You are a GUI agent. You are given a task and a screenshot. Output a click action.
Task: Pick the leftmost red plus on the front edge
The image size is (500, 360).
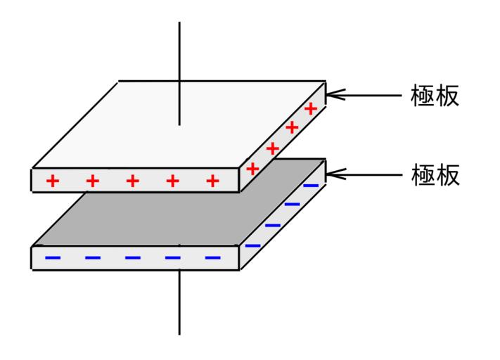(52, 181)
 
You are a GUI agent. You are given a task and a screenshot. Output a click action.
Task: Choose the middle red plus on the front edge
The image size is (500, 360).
(132, 181)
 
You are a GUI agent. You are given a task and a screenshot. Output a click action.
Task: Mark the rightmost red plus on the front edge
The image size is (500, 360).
(212, 181)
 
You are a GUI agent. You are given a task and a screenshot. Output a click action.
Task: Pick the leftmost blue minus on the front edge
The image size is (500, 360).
(52, 258)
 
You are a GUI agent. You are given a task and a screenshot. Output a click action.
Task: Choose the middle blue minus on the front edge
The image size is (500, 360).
(132, 258)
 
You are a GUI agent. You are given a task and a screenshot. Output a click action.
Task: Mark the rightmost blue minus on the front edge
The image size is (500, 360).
(212, 258)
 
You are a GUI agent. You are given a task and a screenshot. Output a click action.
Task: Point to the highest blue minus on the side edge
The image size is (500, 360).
(310, 186)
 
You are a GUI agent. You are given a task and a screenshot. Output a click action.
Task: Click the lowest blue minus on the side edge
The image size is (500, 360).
(252, 245)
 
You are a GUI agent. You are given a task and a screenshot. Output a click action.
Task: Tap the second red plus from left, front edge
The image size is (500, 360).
(92, 181)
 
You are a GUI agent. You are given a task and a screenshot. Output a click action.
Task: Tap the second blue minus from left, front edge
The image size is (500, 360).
(92, 258)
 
